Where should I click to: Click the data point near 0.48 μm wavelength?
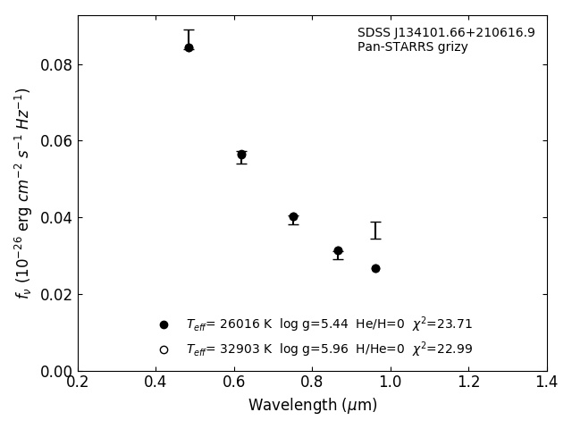click(189, 47)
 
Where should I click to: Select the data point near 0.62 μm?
click(241, 155)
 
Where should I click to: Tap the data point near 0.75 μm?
click(293, 217)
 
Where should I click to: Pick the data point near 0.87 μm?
click(338, 251)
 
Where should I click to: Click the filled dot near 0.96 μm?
click(375, 268)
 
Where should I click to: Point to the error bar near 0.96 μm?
click(375, 231)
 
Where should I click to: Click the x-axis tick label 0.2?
click(78, 382)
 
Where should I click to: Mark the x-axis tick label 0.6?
click(234, 382)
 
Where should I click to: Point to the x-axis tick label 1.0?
click(391, 382)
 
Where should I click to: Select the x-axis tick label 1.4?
click(547, 382)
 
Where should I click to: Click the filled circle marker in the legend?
click(164, 324)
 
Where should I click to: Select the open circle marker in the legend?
click(164, 349)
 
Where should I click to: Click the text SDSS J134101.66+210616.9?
click(446, 33)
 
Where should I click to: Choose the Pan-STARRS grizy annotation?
click(412, 47)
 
